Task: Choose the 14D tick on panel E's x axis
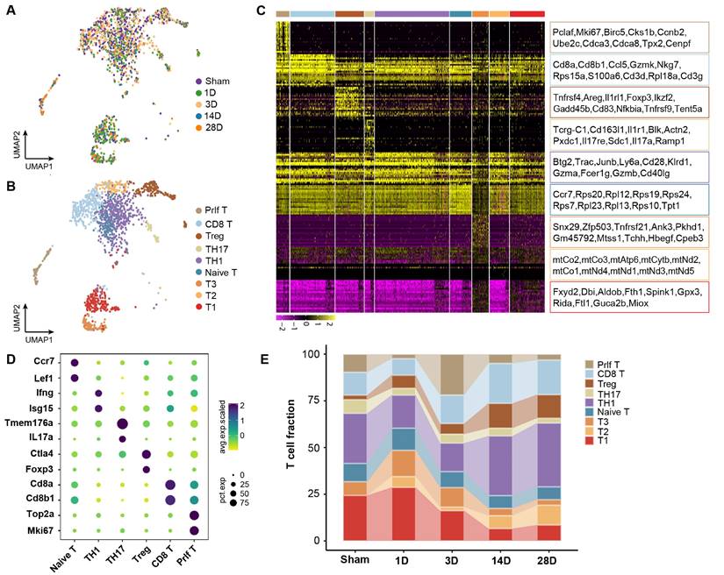(502, 558)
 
